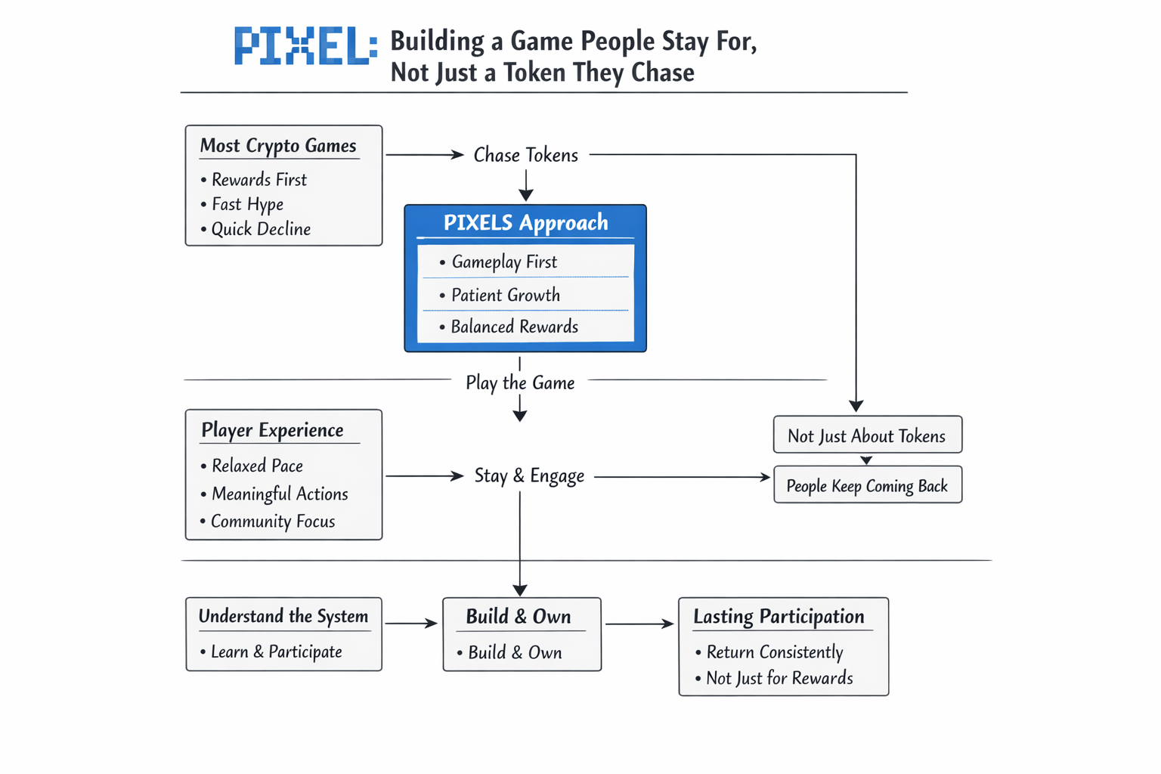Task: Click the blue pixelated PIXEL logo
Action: coord(306,45)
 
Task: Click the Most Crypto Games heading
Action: coord(278,146)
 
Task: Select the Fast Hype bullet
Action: coord(243,204)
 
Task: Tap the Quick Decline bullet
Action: coord(256,228)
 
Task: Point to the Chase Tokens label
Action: coord(525,155)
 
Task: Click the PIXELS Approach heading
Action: coord(525,222)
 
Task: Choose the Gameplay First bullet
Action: coord(498,262)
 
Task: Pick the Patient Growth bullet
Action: coord(500,295)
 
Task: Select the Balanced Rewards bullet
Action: coord(509,327)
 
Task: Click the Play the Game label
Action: coord(520,383)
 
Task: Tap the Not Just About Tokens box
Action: coord(868,435)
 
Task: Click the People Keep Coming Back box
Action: coord(868,485)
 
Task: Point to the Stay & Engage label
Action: coord(529,476)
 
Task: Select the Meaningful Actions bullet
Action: coord(274,494)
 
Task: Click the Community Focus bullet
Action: coord(268,521)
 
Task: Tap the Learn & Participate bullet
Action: coord(271,652)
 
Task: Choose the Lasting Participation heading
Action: coord(779,616)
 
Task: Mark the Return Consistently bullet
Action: coord(769,652)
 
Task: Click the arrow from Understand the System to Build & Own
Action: coord(411,623)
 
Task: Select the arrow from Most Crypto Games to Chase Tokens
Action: coord(425,154)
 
